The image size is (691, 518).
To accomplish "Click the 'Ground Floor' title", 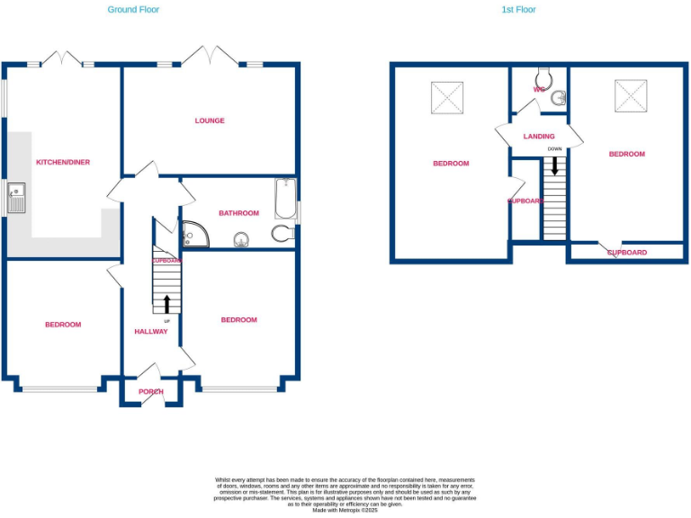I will tap(133, 9).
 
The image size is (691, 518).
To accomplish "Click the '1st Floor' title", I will tap(518, 9).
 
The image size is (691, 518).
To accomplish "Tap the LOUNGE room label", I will tap(210, 121).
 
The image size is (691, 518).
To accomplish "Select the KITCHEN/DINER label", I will tap(62, 162).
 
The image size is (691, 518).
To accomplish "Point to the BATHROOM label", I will tap(238, 213).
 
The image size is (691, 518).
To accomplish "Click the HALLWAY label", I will tap(151, 331).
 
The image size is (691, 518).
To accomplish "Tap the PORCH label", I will tap(151, 391).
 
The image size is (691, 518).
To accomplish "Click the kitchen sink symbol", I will tap(16, 198).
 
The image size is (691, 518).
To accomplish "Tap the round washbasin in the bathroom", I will tap(241, 239).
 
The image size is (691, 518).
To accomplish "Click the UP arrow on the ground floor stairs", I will tap(166, 303).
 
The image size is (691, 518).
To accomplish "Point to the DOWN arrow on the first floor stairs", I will tap(554, 165).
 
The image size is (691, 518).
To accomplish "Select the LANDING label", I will tap(539, 137).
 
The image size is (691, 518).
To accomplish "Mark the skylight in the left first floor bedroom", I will tap(447, 97).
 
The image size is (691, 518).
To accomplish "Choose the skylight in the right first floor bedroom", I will tap(631, 94).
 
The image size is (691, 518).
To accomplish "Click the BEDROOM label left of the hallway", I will tap(63, 325).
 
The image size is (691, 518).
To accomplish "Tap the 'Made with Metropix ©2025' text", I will tap(345, 510).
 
